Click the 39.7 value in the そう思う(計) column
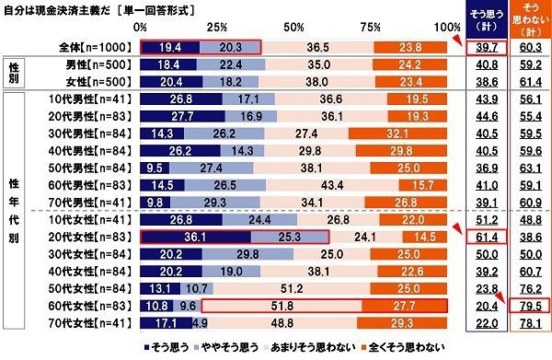coord(483,46)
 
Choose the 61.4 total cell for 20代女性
coord(483,236)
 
